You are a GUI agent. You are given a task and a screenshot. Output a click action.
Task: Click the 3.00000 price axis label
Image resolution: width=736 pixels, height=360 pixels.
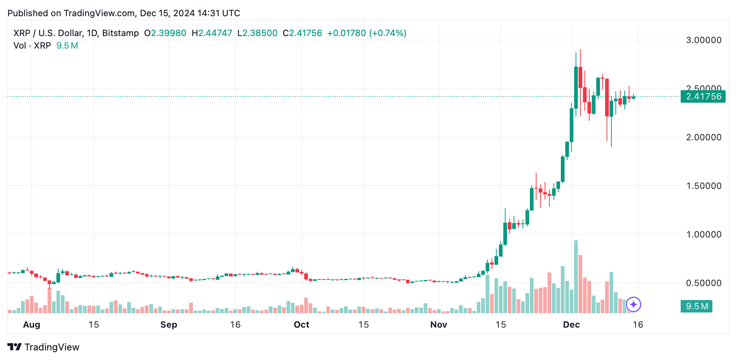[703, 40]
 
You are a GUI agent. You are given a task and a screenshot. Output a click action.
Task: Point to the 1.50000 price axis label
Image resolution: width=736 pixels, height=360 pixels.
[703, 186]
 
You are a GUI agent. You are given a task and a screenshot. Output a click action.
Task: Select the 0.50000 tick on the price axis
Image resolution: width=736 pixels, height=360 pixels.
[703, 283]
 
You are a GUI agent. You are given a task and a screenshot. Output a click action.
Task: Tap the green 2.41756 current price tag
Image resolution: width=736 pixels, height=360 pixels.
[703, 96]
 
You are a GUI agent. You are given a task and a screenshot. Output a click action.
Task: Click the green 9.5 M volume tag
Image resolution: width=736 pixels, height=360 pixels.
[696, 306]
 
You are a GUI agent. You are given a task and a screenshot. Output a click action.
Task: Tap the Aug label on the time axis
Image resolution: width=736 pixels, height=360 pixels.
[31, 325]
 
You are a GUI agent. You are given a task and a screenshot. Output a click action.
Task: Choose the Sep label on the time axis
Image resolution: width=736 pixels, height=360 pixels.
[169, 325]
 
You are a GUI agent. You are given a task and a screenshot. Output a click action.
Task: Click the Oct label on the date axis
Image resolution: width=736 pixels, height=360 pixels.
[301, 325]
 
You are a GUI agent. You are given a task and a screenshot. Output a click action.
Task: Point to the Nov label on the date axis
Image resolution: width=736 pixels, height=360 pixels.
[438, 325]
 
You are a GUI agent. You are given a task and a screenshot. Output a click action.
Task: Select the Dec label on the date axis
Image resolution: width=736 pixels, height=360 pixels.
[571, 325]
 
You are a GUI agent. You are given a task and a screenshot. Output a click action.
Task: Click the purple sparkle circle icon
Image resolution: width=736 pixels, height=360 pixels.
[633, 304]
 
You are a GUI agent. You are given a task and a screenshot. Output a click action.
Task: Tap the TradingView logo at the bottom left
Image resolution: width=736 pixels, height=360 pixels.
[44, 347]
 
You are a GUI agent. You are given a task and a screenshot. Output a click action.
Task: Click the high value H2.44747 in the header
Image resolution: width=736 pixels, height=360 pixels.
[212, 33]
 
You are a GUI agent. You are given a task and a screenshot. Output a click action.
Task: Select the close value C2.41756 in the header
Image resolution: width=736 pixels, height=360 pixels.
[302, 33]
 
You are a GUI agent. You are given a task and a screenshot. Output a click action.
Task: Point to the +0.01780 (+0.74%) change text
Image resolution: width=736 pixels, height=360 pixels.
[367, 33]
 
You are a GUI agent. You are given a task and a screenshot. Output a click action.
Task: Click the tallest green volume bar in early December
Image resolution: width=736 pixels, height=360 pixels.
[576, 276]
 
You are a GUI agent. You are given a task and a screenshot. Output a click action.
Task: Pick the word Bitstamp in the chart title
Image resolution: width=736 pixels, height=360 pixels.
[120, 33]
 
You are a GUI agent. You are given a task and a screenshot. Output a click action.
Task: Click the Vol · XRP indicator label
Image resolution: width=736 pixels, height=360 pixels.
[32, 46]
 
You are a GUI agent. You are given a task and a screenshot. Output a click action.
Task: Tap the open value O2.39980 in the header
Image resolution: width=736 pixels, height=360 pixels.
[165, 33]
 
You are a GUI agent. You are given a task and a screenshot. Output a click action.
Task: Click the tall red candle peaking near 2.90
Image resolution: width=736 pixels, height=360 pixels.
[580, 77]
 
